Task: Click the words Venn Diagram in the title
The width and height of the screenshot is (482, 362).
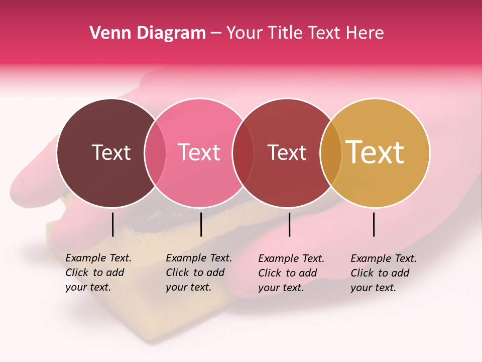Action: coord(148,33)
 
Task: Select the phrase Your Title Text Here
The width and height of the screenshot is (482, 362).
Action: coord(305,33)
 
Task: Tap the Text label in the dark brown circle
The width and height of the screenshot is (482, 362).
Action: coord(111,152)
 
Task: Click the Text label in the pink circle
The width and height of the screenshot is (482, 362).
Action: coord(199,152)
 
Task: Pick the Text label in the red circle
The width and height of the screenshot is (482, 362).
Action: coord(287,152)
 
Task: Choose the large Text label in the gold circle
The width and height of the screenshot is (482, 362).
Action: coord(375,152)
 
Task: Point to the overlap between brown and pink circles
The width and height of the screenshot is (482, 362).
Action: coord(155,153)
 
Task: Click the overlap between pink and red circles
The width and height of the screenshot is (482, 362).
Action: coord(243,153)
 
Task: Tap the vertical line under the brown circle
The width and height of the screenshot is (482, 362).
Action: coord(112,224)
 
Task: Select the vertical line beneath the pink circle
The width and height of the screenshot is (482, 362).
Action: coord(201,224)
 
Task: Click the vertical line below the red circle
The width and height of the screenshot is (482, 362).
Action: coord(289,224)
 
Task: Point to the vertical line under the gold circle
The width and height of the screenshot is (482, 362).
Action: coord(374,224)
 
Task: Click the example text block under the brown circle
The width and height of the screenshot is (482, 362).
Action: coord(98,273)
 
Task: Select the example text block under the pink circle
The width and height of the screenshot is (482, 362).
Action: coord(199,273)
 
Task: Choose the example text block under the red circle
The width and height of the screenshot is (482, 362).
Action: coord(291,273)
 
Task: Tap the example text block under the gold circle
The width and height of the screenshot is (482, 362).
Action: coord(384,273)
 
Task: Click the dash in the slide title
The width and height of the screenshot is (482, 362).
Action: coord(216,33)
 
